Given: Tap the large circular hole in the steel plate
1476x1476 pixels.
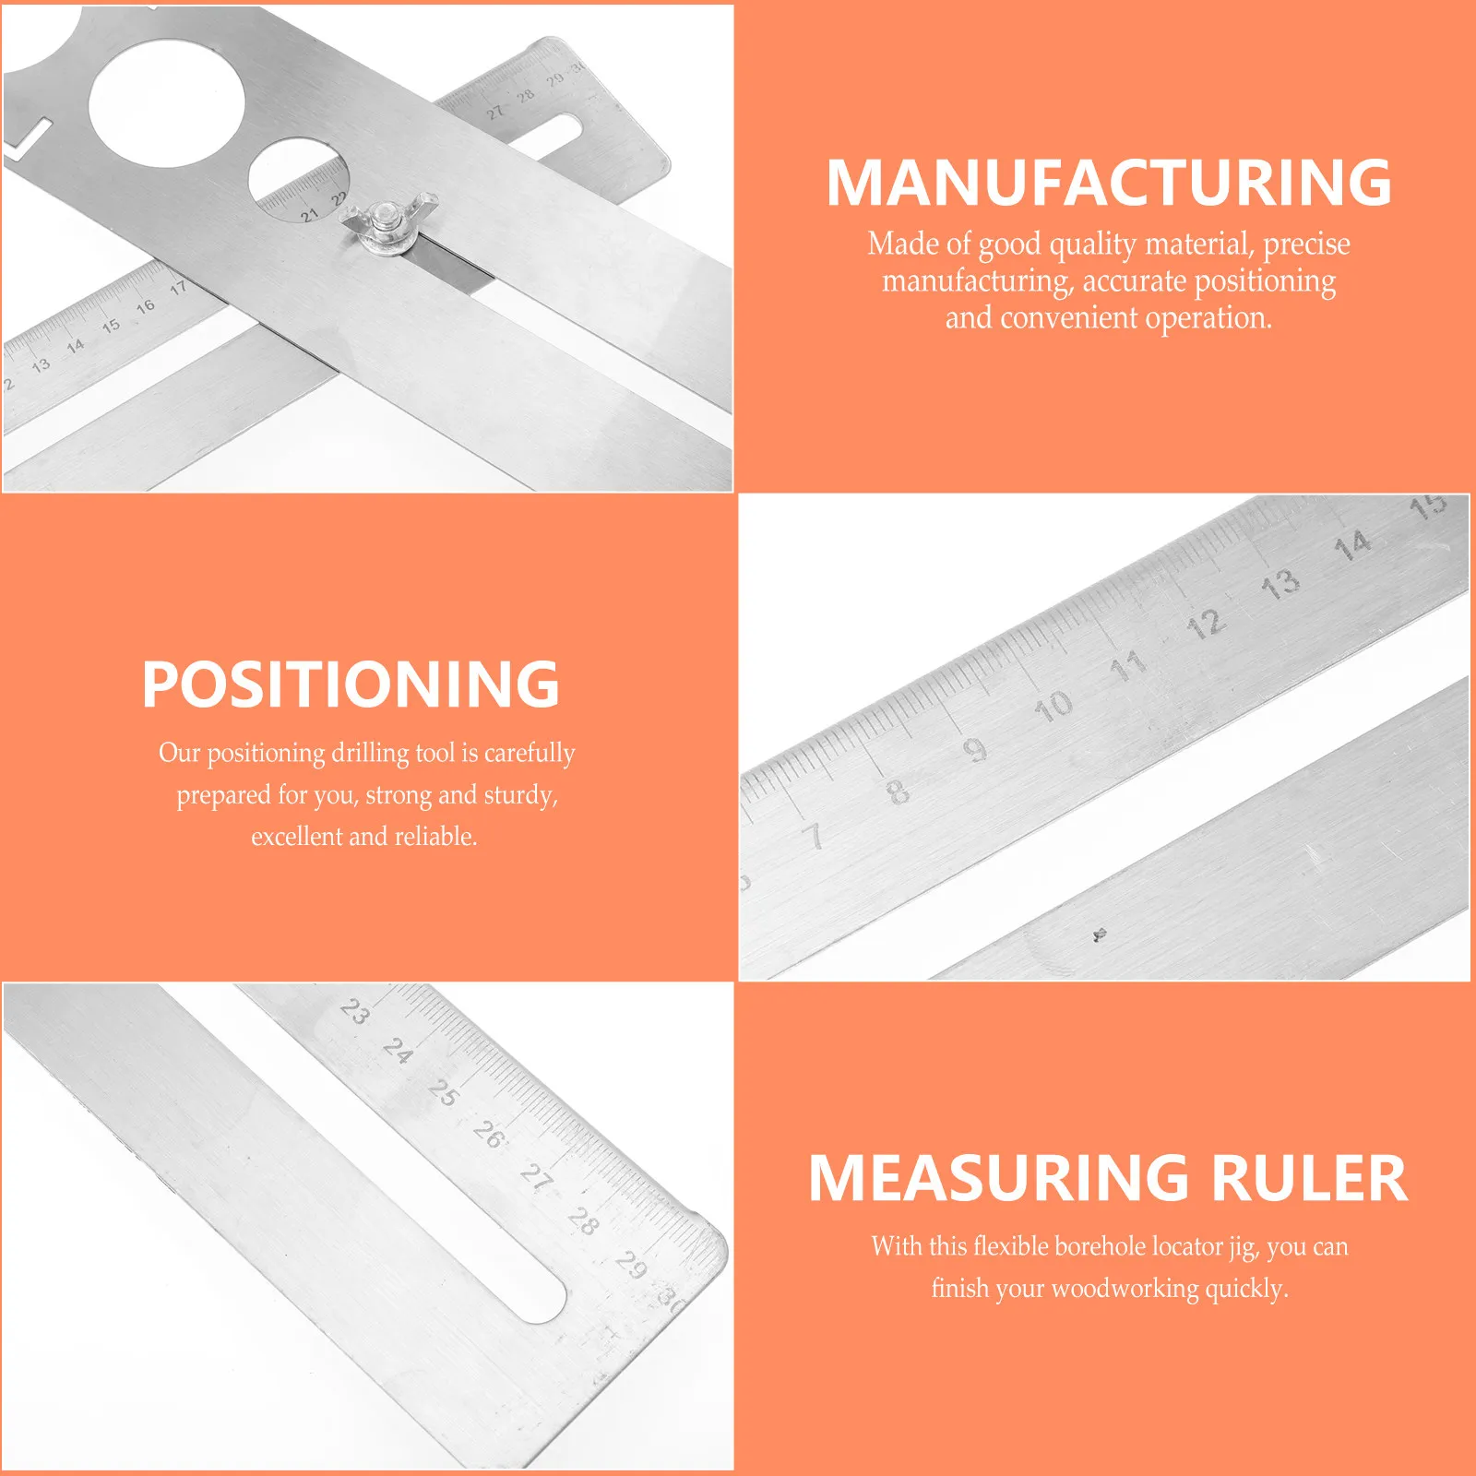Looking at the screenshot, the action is pos(167,102).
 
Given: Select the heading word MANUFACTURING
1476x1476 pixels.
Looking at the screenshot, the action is pos(1109,183).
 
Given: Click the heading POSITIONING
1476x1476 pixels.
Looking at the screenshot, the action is pos(351,684).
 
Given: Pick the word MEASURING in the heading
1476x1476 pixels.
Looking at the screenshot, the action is pos(999,1178).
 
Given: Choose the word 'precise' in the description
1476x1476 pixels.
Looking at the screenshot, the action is pos(1306,244).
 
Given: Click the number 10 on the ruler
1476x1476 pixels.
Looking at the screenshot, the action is pos(1053,707).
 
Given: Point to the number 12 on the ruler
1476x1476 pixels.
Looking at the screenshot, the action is pos(1206,625).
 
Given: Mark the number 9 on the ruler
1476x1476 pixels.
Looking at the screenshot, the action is pos(976,749).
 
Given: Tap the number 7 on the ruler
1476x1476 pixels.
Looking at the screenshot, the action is pos(813,836).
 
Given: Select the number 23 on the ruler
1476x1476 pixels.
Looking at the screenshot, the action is pos(355,1011).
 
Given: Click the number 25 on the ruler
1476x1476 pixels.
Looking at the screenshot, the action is pos(444,1092).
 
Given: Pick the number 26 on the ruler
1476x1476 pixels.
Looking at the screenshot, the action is pos(489,1135).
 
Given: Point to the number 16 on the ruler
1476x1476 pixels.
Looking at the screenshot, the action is pos(146,306).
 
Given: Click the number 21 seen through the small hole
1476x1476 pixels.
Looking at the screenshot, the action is pos(309,215).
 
